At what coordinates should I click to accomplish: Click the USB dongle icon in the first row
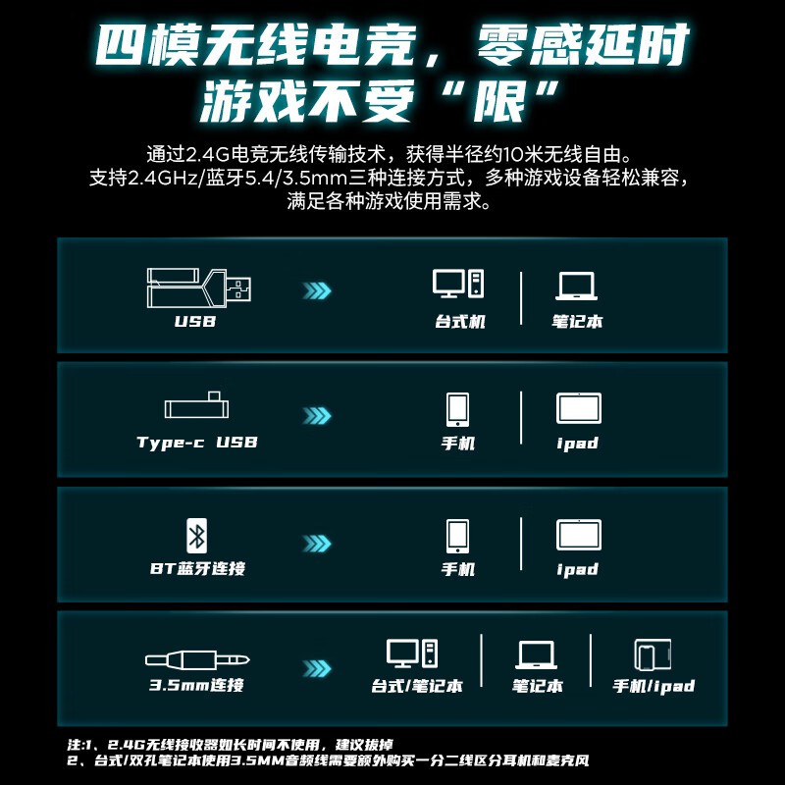click(199, 288)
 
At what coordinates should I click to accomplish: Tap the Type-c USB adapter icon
click(197, 405)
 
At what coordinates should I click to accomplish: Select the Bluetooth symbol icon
click(197, 536)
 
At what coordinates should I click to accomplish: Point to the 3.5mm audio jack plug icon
click(197, 659)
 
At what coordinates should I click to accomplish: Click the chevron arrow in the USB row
click(317, 290)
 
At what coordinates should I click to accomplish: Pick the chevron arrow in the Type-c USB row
click(317, 415)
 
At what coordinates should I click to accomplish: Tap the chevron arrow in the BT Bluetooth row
click(317, 544)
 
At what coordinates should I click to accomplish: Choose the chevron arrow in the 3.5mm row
click(317, 668)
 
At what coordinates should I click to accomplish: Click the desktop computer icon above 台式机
click(458, 284)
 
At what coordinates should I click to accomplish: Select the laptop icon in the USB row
click(576, 287)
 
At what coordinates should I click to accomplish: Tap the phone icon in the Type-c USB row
click(457, 409)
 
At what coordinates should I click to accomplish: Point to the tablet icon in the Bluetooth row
click(579, 535)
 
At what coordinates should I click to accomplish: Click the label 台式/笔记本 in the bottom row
click(416, 686)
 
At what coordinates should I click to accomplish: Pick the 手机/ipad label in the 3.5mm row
click(654, 686)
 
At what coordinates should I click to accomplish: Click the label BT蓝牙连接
click(198, 568)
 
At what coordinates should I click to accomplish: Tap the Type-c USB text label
click(197, 443)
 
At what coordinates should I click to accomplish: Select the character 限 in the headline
click(500, 102)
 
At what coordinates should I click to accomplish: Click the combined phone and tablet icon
click(653, 654)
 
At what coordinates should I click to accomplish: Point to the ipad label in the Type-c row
click(578, 444)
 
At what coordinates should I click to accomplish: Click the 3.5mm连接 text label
click(197, 684)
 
